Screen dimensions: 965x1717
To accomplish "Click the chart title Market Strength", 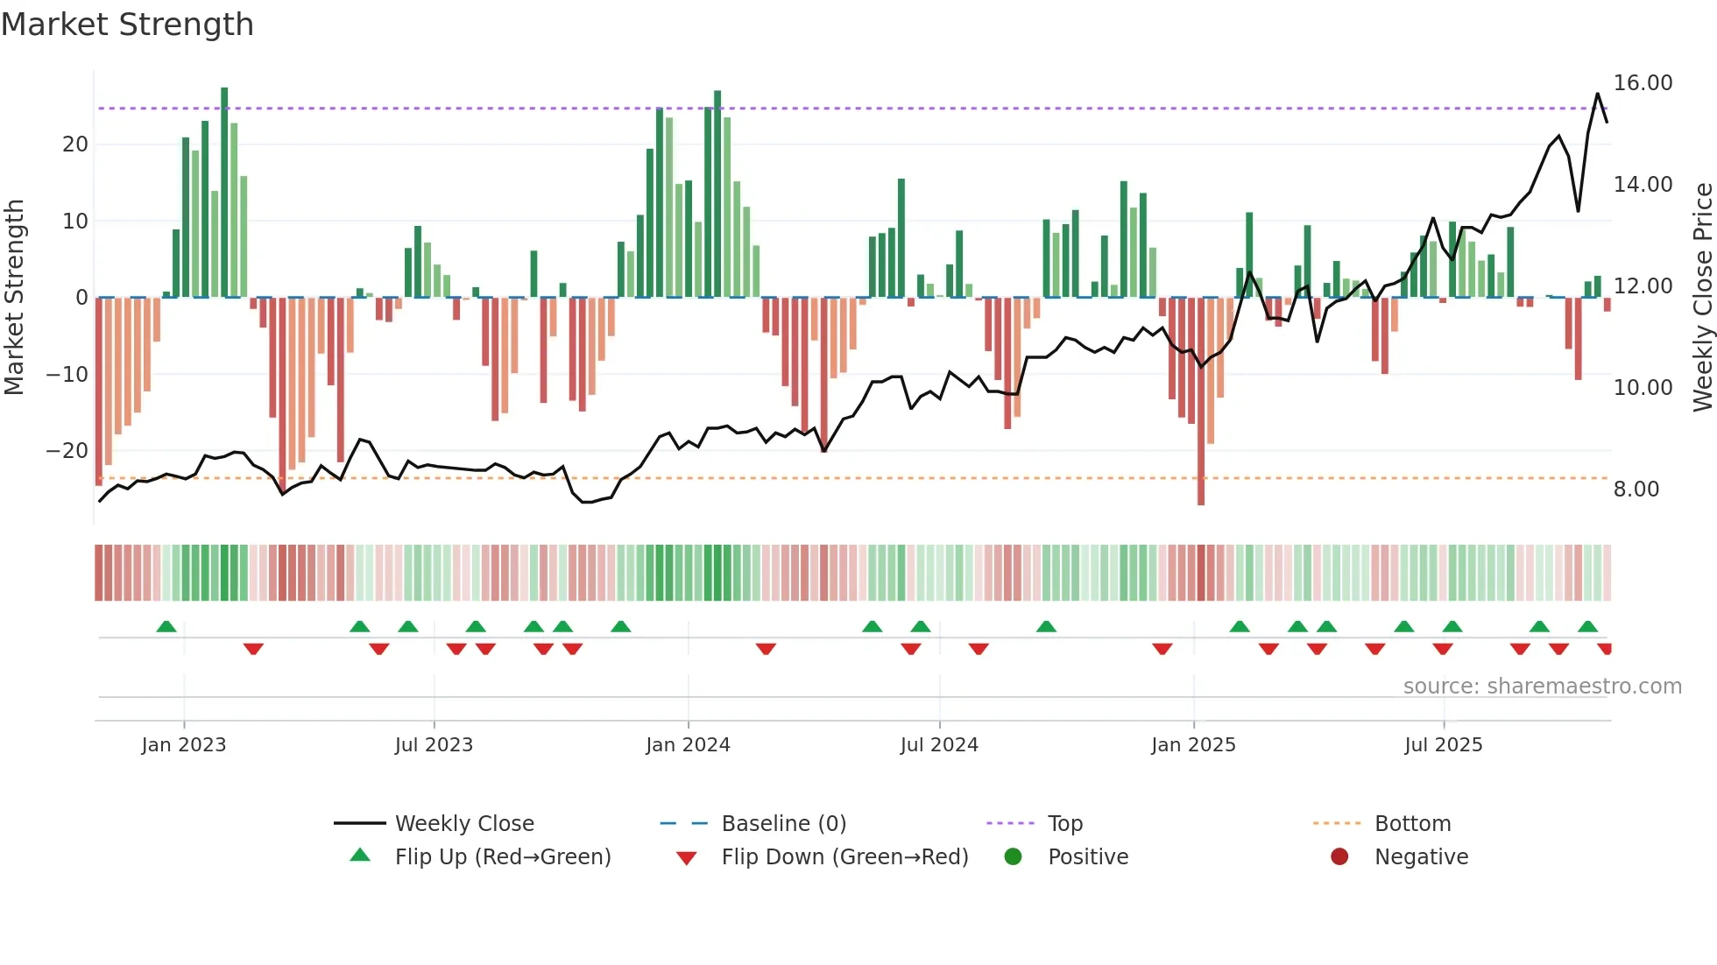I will pos(128,25).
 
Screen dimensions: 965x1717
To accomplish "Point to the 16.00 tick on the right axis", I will pos(1643,83).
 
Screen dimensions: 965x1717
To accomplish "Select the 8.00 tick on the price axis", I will pos(1636,490).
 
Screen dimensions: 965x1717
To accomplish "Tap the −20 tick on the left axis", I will pos(67,451).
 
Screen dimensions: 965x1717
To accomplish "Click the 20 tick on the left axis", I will pos(75,144).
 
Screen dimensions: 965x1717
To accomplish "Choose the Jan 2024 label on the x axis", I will pos(688,745).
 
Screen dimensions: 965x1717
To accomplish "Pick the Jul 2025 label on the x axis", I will pos(1443,745).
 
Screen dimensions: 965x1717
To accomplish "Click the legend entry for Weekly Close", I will pos(464,824).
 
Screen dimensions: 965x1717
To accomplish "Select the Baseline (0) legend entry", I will pos(783,824).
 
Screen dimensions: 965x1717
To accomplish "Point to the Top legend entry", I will pos(1065,824).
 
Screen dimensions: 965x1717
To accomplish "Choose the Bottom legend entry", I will pos(1412,824).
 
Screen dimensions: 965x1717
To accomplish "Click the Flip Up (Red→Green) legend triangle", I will pos(360,856).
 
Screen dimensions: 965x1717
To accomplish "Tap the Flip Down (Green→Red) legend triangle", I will pos(687,858).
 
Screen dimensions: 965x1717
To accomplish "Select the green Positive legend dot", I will pos(1014,856).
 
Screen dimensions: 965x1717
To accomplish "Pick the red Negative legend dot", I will pos(1339,856).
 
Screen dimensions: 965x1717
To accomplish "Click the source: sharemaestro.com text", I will pos(1542,687).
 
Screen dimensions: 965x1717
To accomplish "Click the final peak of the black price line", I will pos(1598,94).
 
